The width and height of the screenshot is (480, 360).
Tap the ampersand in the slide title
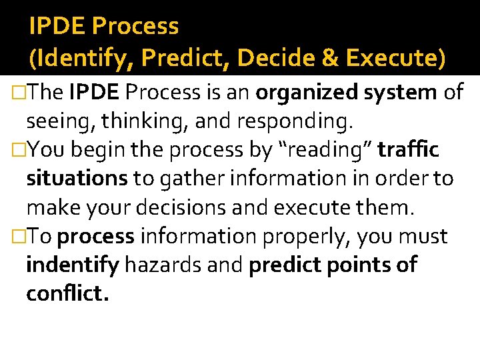331,59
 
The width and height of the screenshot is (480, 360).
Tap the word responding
278,121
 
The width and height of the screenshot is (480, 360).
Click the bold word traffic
408,150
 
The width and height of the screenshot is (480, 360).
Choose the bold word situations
77,179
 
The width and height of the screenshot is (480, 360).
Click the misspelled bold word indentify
72,265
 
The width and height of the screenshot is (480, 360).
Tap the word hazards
164,265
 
